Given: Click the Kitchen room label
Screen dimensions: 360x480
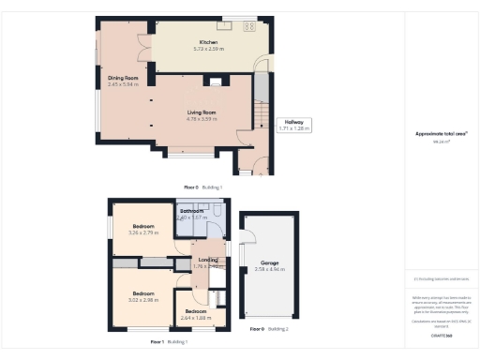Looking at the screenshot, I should [x=207, y=41].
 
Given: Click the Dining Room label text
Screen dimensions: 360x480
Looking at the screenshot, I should [x=122, y=78].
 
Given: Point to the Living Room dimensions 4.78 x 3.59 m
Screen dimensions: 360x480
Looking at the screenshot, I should [x=202, y=118].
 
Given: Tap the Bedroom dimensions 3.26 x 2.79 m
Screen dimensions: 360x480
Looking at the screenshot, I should [x=143, y=232].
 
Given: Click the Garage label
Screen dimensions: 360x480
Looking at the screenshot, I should [x=269, y=262].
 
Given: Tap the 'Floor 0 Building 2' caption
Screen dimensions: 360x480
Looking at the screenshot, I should [x=269, y=329].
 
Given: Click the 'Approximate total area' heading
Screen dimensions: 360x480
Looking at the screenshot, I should [x=440, y=133].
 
